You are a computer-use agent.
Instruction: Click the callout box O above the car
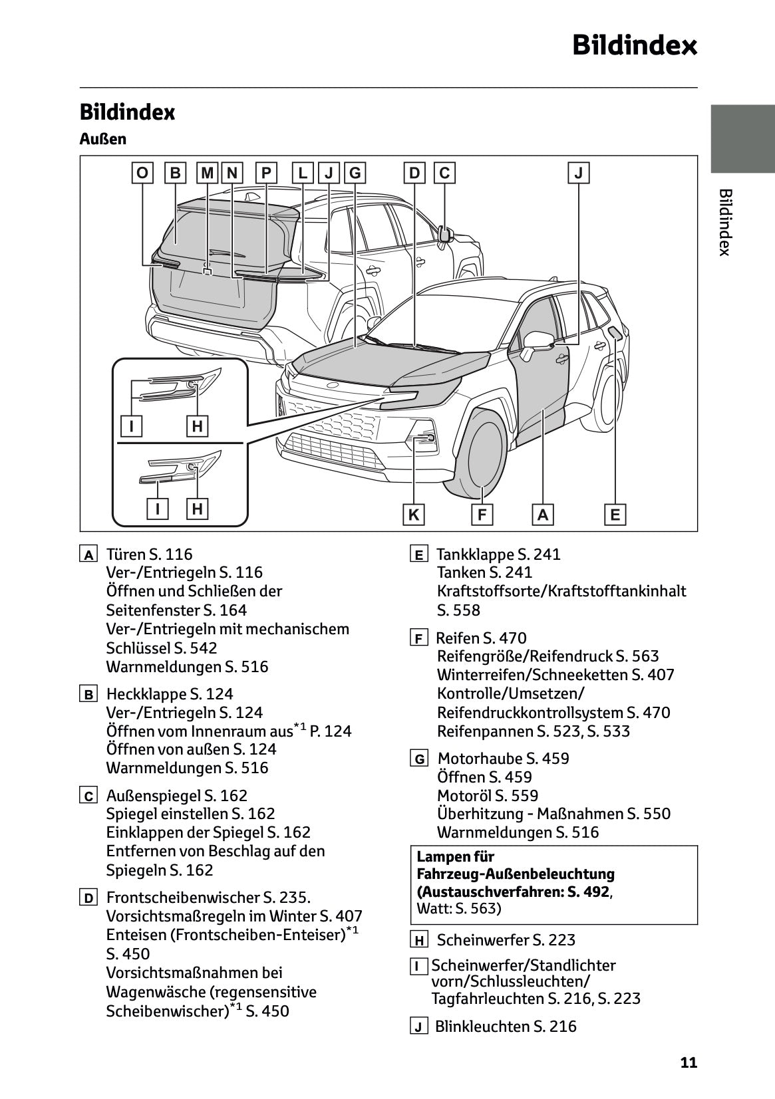142,174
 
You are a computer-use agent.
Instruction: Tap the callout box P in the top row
266,174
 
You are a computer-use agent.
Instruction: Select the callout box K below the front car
414,515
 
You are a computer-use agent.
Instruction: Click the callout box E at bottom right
615,515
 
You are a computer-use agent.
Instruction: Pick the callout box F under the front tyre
482,515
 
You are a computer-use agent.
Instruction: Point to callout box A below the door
543,515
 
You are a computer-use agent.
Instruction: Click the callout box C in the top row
444,174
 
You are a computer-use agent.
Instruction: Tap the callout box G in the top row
355,174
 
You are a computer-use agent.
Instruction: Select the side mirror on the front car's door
538,342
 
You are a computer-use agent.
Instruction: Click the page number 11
689,1062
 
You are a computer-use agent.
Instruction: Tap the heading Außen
102,139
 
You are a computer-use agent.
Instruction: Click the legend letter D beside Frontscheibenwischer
88,898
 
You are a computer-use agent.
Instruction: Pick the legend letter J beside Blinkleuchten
418,1027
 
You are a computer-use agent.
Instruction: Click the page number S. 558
458,610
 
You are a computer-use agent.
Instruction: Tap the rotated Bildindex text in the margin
726,222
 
